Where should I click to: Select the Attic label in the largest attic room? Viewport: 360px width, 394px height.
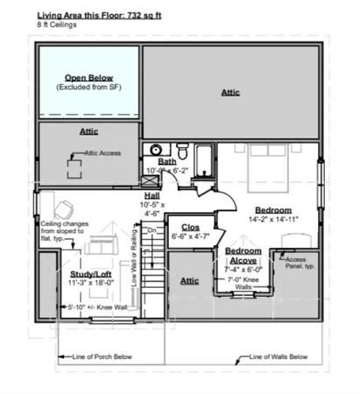pyautogui.click(x=230, y=91)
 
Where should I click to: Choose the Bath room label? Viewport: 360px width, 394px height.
pyautogui.click(x=167, y=162)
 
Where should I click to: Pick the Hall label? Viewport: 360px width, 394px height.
pyautogui.click(x=152, y=195)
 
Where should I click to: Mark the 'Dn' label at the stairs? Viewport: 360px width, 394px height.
pyautogui.click(x=150, y=231)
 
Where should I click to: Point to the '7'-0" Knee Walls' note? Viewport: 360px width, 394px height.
pyautogui.click(x=241, y=284)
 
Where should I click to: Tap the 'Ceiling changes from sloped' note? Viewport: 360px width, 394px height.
pyautogui.click(x=62, y=230)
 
